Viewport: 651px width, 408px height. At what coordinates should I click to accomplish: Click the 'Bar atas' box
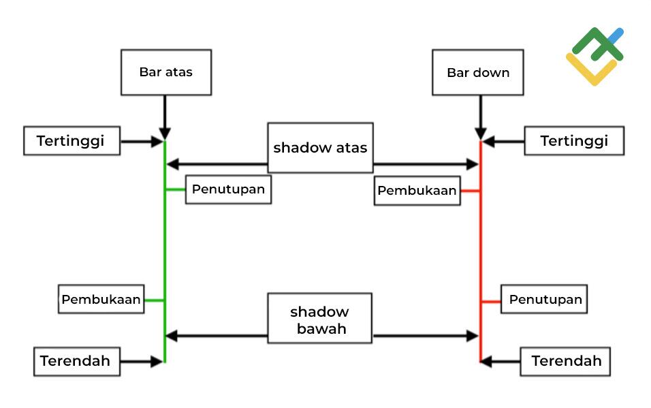[165, 72]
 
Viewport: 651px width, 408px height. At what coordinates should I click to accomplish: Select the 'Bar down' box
[477, 72]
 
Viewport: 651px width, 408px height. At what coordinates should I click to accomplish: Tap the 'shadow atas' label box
[320, 147]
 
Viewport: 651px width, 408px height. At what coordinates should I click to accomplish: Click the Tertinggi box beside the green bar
[71, 141]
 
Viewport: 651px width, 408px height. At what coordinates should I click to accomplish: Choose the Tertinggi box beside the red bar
[573, 141]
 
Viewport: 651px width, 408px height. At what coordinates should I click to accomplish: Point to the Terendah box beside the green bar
[76, 361]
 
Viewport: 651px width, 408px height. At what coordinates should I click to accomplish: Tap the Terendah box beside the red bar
[566, 361]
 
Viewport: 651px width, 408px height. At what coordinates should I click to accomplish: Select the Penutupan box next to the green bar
[228, 189]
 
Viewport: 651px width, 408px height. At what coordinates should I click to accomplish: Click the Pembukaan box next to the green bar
[101, 299]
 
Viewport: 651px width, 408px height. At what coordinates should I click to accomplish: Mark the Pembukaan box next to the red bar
[417, 191]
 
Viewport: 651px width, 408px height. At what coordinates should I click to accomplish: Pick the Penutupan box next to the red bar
[545, 299]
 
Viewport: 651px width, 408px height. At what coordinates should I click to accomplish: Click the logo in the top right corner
[594, 56]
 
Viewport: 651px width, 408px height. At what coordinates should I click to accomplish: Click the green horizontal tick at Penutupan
[175, 190]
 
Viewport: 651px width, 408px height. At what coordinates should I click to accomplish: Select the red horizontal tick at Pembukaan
[471, 191]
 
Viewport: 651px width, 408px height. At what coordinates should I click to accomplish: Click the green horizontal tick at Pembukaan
[155, 300]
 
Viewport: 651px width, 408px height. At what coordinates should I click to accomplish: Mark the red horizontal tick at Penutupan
[491, 300]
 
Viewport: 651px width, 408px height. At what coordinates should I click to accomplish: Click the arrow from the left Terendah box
[142, 362]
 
